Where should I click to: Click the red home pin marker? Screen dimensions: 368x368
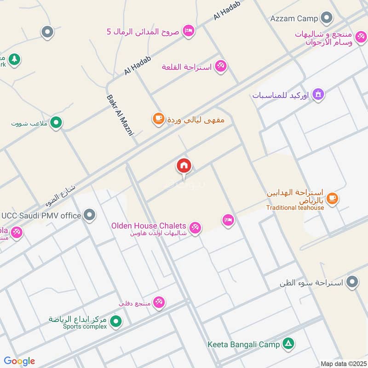[x=184, y=166]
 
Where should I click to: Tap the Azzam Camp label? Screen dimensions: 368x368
[x=294, y=18]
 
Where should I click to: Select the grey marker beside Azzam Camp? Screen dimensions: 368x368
[x=327, y=18]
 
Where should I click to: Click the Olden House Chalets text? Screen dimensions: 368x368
[x=149, y=226]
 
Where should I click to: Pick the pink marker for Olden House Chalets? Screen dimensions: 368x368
[x=195, y=227]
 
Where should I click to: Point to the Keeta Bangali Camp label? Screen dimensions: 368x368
[x=244, y=344]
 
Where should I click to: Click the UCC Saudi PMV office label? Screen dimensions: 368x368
[x=41, y=215]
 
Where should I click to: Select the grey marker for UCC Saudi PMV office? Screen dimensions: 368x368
[x=90, y=215]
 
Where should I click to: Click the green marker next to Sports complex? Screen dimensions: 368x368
[x=116, y=321]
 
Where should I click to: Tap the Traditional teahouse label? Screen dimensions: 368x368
[x=295, y=207]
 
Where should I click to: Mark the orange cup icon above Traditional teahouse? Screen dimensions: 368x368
[x=332, y=199]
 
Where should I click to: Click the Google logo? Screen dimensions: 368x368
[x=19, y=361]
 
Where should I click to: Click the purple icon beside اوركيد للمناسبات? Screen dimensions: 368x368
[x=318, y=95]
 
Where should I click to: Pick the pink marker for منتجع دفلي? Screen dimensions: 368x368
[x=159, y=302]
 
